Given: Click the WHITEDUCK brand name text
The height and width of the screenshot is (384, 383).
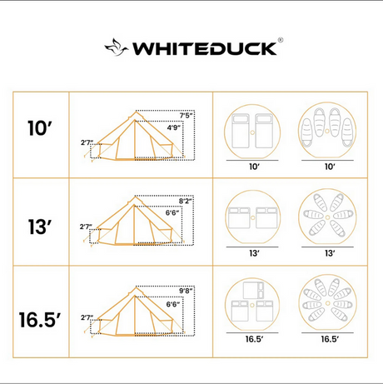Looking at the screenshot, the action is click(205, 48).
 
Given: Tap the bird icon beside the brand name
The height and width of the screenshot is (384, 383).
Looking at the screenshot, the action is click(117, 47).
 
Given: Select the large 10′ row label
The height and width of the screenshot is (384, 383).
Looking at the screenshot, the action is click(40, 128).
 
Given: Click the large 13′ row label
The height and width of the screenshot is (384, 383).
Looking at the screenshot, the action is click(40, 227).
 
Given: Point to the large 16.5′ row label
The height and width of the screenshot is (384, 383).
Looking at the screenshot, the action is click(40, 320).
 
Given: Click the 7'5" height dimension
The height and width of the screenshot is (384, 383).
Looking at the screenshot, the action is click(186, 116).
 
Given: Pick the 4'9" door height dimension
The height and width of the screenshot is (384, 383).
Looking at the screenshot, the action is click(174, 127).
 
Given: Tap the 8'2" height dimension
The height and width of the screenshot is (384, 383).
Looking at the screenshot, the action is click(186, 201).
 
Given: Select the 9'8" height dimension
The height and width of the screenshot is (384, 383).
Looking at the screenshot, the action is click(187, 291).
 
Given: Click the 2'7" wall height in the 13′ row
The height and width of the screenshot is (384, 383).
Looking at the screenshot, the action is click(86, 227).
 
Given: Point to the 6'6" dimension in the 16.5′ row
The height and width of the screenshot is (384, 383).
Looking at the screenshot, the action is click(173, 304).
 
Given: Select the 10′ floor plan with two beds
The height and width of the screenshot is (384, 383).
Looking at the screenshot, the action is click(252, 132).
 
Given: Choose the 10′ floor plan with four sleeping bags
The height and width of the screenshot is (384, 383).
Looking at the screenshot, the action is click(327, 131).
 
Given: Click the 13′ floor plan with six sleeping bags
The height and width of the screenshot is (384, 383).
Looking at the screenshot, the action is click(327, 217).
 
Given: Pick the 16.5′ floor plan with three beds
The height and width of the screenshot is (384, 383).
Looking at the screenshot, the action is click(252, 304).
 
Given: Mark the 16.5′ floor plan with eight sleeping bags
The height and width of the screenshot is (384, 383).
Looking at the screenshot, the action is click(327, 302).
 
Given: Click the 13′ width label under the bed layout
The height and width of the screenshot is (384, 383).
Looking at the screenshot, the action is click(254, 253).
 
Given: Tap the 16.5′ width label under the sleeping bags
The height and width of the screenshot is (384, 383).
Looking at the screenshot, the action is click(330, 339).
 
